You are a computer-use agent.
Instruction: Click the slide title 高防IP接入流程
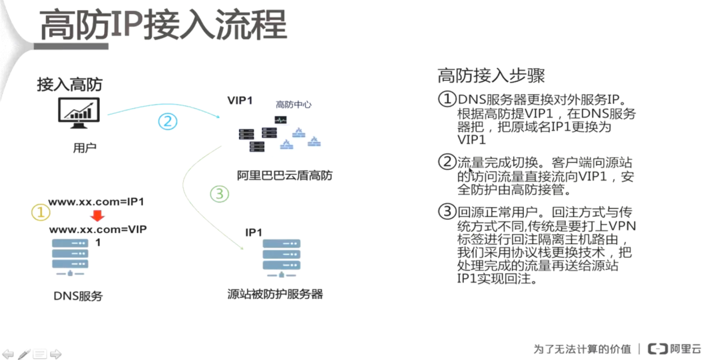pyautogui.click(x=163, y=25)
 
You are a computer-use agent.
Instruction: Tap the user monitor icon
pyautogui.click(x=79, y=112)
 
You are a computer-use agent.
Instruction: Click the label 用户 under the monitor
pyautogui.click(x=84, y=148)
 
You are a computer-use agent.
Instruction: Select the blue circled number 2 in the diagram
pyautogui.click(x=168, y=121)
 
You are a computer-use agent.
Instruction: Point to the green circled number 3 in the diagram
pyautogui.click(x=219, y=194)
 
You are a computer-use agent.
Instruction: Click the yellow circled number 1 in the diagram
pyautogui.click(x=40, y=212)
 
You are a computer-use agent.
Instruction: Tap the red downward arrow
pyautogui.click(x=97, y=216)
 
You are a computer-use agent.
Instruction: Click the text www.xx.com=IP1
pyautogui.click(x=96, y=202)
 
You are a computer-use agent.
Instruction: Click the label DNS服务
pyautogui.click(x=78, y=295)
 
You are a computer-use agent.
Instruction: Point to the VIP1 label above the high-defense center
pyautogui.click(x=240, y=101)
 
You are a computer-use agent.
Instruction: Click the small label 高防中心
pyautogui.click(x=293, y=105)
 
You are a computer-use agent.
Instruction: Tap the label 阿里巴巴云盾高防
pyautogui.click(x=285, y=175)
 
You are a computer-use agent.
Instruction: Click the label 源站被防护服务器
pyautogui.click(x=275, y=294)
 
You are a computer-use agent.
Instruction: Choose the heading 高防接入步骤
pyautogui.click(x=491, y=76)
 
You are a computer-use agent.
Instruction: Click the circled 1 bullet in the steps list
pyautogui.click(x=447, y=100)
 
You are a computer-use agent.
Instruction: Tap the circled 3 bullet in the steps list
pyautogui.click(x=447, y=212)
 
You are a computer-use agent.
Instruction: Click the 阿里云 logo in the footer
pyautogui.click(x=675, y=349)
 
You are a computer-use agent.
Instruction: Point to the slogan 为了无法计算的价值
pyautogui.click(x=582, y=349)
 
